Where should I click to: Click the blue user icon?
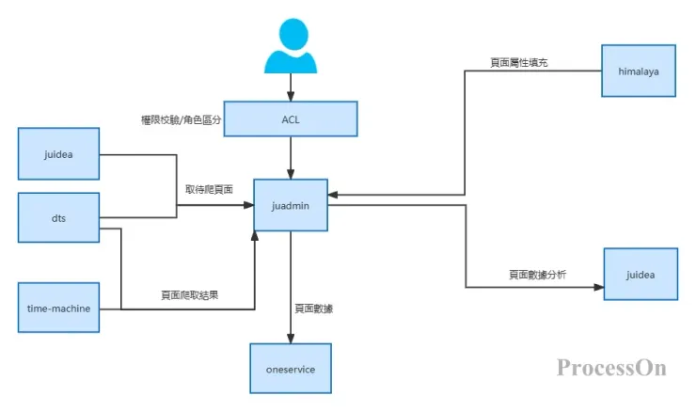(290, 49)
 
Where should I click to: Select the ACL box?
(290, 119)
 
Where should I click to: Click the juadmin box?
(290, 205)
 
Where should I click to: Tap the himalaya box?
(640, 71)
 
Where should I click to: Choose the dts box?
(59, 218)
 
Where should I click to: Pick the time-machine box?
(59, 308)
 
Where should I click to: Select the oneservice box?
(290, 369)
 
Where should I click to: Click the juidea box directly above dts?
(59, 153)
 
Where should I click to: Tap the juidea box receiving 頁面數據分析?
(640, 275)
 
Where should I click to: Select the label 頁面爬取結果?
(189, 295)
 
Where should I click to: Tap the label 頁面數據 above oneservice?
(312, 308)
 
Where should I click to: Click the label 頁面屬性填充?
(518, 62)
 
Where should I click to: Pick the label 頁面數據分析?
(537, 275)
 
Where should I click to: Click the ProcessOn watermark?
(611, 367)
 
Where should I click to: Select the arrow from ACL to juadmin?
(290, 157)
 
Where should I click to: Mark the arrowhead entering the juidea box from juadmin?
(598, 288)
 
